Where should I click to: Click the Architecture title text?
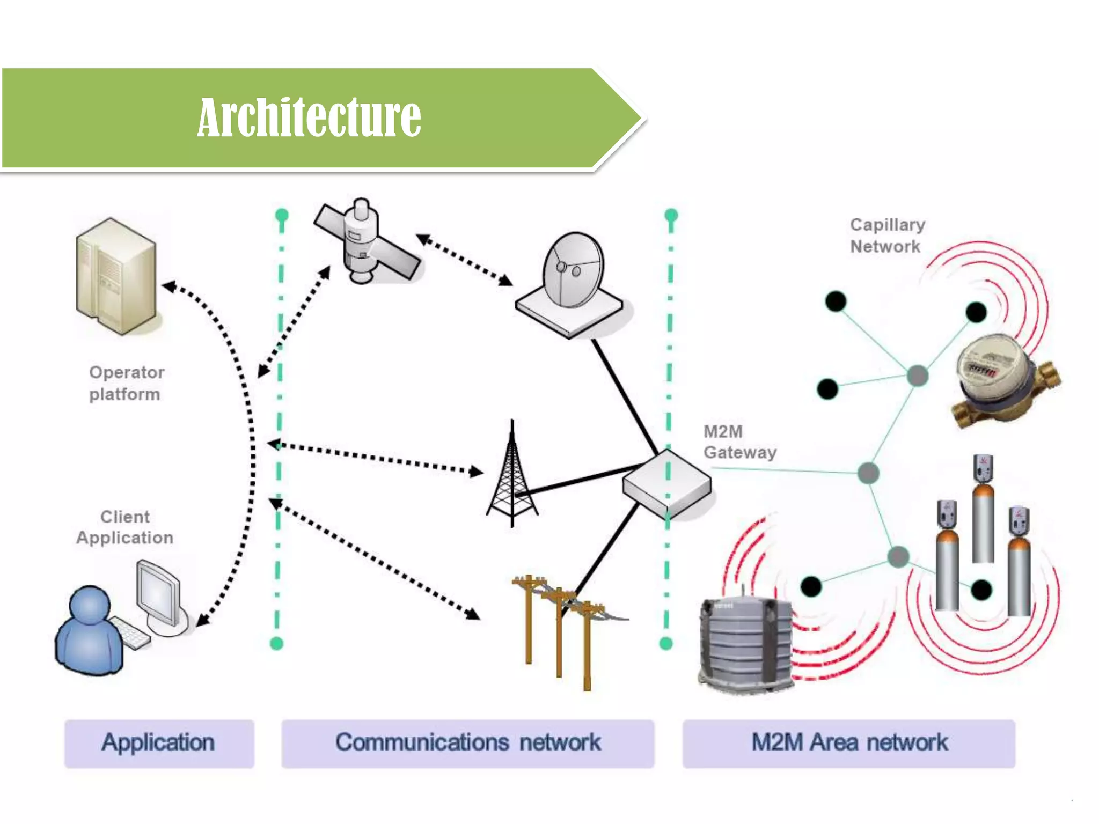click(309, 117)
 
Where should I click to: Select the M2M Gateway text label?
click(739, 442)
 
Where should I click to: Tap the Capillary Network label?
click(887, 236)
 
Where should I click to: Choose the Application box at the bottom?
click(159, 743)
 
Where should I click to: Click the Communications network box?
click(467, 743)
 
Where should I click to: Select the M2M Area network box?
click(848, 743)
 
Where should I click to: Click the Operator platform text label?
click(126, 383)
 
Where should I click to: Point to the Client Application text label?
click(124, 527)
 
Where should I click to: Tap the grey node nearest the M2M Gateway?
click(868, 473)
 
